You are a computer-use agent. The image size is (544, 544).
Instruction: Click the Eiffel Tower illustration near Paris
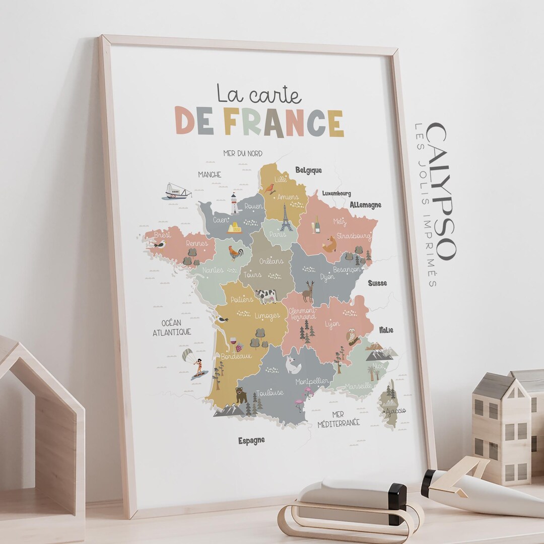(286, 218)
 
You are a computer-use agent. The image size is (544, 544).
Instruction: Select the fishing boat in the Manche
(176, 191)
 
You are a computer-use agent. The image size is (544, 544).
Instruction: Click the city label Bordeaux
(236, 356)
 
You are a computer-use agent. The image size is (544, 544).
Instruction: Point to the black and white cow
(266, 295)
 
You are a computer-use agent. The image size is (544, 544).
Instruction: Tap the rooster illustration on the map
(235, 252)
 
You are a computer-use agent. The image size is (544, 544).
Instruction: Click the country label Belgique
(308, 170)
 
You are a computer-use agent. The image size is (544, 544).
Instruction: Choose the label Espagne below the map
(251, 441)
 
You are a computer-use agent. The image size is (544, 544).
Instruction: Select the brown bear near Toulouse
(241, 394)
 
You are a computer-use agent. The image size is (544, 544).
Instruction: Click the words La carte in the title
(259, 94)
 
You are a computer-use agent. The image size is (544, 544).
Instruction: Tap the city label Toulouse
(269, 393)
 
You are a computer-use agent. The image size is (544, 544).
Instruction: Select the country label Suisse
(377, 283)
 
